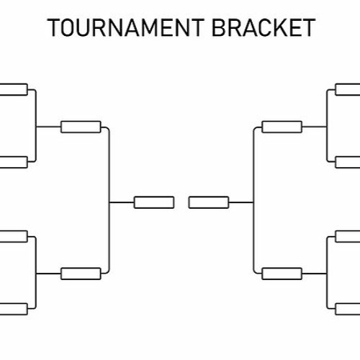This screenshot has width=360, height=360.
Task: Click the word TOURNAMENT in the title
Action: [125, 27]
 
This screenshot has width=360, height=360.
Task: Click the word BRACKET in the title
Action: [264, 27]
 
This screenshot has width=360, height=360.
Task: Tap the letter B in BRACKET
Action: [220, 27]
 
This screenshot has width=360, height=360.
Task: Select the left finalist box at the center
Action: [154, 202]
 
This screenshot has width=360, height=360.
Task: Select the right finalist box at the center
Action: [209, 202]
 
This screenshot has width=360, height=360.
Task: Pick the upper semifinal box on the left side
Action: [81, 127]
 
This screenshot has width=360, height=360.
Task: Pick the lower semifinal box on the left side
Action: [81, 274]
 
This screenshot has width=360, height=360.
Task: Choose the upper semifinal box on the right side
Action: [282, 127]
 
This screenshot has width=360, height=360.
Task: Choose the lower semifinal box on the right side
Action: [282, 274]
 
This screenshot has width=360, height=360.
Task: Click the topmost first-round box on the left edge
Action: [14, 89]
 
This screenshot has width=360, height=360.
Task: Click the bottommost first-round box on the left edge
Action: [14, 309]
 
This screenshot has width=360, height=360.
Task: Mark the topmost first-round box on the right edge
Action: [348, 89]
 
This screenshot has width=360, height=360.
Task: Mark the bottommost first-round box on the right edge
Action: [348, 309]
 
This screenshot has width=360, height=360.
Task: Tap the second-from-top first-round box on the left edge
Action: [14, 162]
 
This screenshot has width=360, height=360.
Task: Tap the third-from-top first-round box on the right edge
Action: [348, 236]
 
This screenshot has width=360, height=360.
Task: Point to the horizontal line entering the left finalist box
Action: [122, 202]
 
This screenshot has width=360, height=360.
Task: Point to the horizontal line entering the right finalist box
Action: [241, 202]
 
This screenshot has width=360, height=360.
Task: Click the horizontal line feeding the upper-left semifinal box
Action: [48, 127]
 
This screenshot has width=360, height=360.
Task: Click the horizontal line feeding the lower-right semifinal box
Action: [315, 274]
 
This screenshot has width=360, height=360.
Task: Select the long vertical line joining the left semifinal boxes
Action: [109, 200]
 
